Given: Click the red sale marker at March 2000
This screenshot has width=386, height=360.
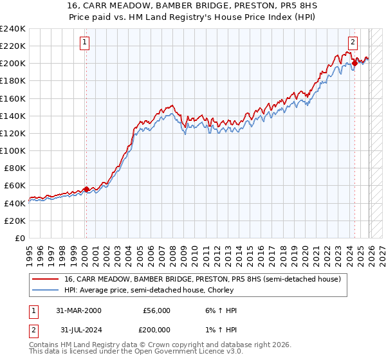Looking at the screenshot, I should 86,189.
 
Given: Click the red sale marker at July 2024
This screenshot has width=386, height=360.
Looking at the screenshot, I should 354,63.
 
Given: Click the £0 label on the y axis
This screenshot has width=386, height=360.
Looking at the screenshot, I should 21,238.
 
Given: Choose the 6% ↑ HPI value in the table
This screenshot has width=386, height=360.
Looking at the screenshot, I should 219,310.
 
